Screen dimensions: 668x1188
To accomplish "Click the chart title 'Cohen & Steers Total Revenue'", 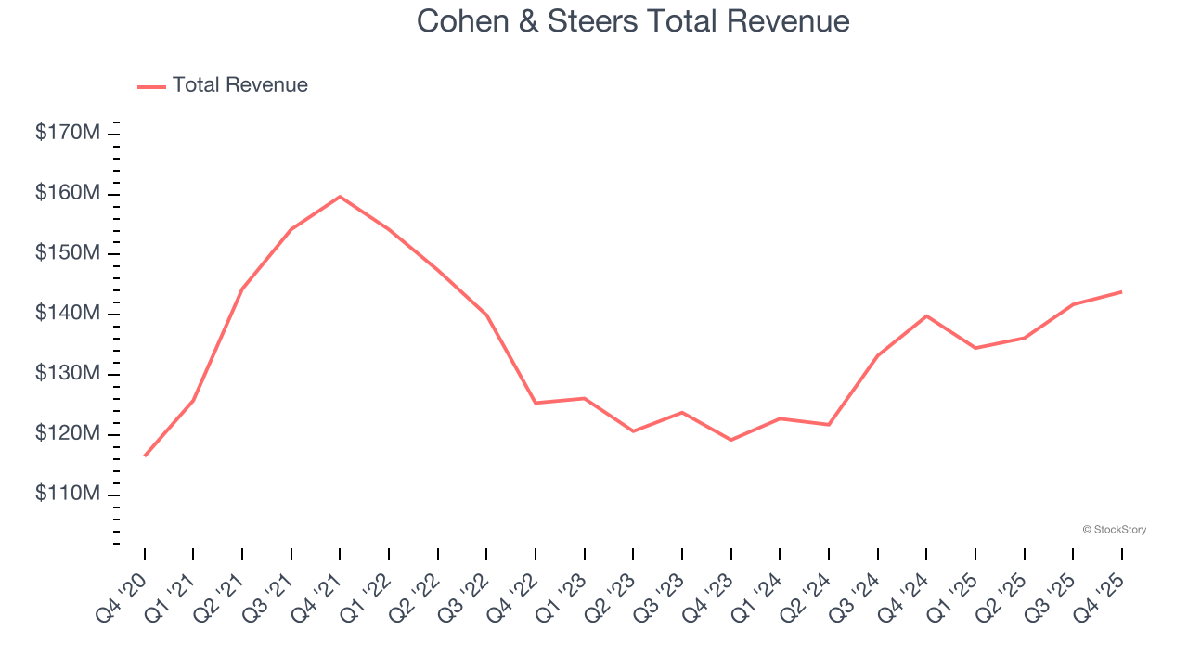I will pos(633,20).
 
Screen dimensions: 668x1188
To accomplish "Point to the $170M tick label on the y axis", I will pos(68,134).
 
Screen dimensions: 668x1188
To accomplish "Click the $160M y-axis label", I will pos(68,194).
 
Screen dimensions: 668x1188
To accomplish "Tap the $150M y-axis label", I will pos(68,254).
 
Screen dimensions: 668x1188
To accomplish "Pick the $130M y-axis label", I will pos(68,374).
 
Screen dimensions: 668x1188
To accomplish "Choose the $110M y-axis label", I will pos(68,495).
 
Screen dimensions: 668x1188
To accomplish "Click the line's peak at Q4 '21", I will pos(340,197).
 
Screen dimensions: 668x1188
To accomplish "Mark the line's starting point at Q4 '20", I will pos(145,456).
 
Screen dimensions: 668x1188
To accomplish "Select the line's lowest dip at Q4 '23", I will pos(730,440).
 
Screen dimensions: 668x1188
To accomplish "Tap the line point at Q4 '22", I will pos(536,403).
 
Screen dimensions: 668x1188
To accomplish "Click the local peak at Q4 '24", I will pos(926,315).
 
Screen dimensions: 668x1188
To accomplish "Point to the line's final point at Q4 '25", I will pos(1121,292).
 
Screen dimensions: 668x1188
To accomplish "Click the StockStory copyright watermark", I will pos(1114,530).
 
